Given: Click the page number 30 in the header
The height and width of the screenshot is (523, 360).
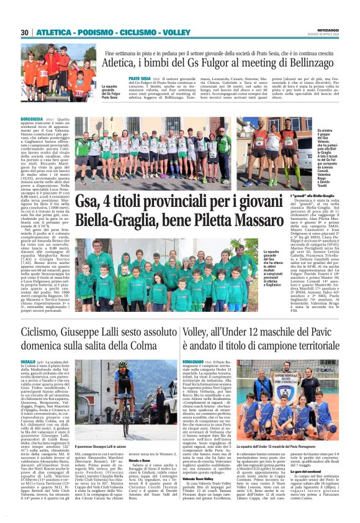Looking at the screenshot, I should (x=25, y=32).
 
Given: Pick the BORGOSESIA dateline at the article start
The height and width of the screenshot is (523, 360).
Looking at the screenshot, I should (x=32, y=119).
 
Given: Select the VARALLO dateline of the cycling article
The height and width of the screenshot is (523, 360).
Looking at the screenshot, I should (x=29, y=361).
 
